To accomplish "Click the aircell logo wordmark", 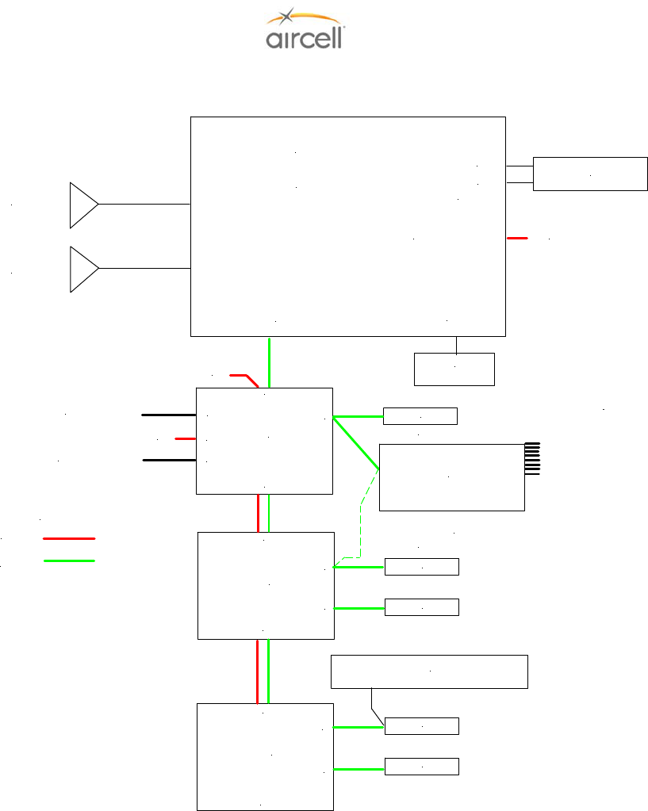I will pos(304,39).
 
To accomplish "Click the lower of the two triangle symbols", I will pos(83,269).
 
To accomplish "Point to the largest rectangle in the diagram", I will pos(347,226).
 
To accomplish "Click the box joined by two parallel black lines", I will pos(590,174).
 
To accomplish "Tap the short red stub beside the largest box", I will pos(517,237).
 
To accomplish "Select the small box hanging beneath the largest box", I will pos(454,369).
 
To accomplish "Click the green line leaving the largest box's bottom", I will pos(270,362).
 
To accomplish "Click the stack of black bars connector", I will pos(533,458).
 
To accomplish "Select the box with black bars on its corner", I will pos(451,477).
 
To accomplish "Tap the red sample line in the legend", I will pos(69,538).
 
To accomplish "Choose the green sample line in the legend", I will pos(69,560).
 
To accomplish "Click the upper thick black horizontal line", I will pos(168,414).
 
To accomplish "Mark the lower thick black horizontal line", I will pos(168,460).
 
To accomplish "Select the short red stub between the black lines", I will pos(185,438).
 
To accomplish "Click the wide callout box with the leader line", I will pos(428,671).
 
